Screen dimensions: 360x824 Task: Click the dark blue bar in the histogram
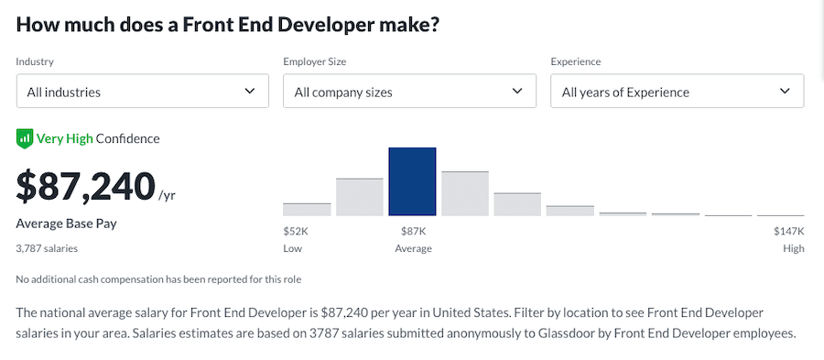click(412, 181)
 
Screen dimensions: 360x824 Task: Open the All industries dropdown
click(142, 92)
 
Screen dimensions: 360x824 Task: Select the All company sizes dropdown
click(409, 92)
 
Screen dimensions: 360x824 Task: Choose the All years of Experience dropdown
click(677, 92)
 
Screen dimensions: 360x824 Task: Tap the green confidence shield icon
click(25, 139)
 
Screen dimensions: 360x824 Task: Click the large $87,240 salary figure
click(86, 186)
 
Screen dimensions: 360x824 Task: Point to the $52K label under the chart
click(295, 232)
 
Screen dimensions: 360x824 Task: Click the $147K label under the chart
click(788, 232)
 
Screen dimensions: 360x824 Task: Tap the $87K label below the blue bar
click(413, 232)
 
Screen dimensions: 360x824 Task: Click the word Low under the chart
click(293, 248)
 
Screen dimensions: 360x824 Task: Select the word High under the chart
click(793, 248)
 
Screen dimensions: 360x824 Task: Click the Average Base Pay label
click(67, 224)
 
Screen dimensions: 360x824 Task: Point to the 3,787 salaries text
click(47, 248)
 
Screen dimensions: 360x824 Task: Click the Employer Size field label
click(314, 61)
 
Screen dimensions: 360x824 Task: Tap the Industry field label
click(35, 61)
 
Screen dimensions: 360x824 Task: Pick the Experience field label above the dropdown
click(575, 61)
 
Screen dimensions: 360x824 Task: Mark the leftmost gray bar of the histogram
click(307, 209)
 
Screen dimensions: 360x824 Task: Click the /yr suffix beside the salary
click(167, 196)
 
